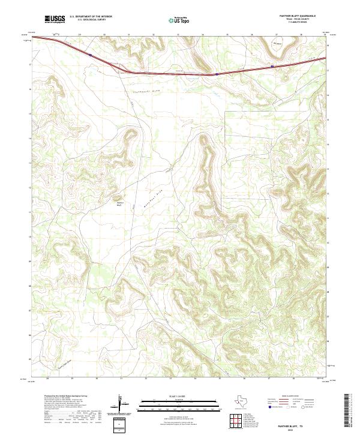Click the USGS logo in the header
coord(55,19)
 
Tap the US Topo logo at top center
coord(177,20)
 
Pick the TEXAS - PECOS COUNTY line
coord(306,19)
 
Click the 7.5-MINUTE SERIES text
coord(307,22)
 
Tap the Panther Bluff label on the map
coord(119,203)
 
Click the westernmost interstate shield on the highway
coord(90,55)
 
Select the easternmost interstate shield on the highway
coord(272,66)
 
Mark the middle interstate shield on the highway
coord(216,74)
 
